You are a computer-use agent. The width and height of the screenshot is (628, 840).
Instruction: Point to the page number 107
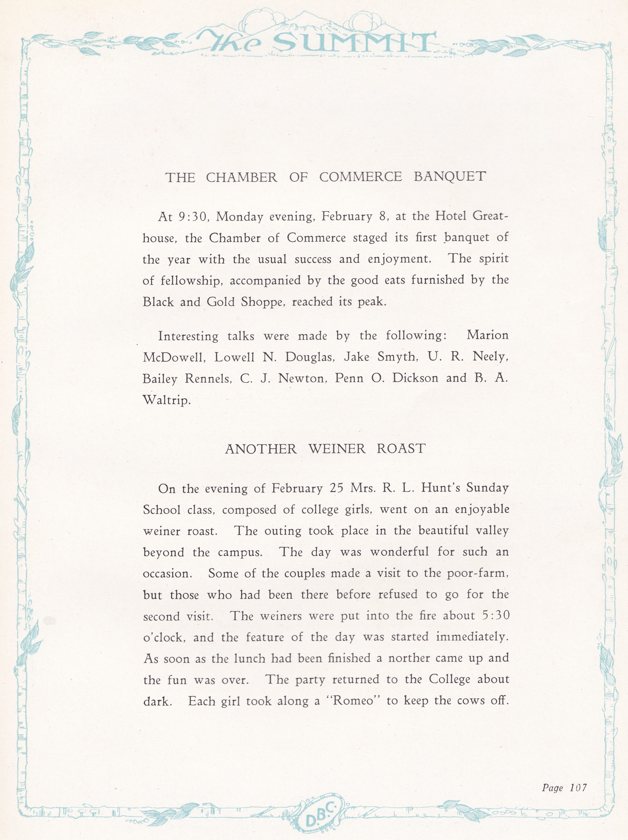point(578,788)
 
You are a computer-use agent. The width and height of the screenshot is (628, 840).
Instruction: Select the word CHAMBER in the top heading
point(242,178)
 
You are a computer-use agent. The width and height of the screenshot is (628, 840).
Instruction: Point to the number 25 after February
point(336,488)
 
